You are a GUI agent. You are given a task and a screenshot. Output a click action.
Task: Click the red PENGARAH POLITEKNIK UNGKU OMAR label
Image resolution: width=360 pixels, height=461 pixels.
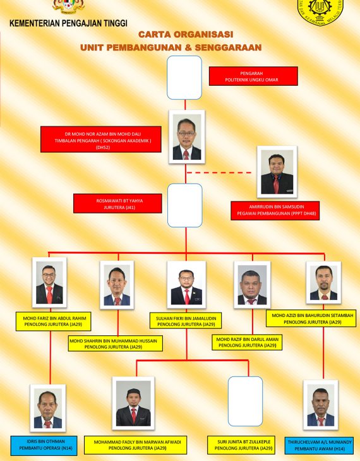pyautogui.click(x=253, y=76)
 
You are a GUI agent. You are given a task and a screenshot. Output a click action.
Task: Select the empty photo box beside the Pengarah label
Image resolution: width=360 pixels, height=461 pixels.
pyautogui.click(x=184, y=78)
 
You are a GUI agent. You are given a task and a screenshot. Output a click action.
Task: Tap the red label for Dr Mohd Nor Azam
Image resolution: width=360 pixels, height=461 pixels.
pyautogui.click(x=101, y=140)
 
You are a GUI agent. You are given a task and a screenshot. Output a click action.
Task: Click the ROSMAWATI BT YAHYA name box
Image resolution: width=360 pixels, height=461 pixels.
pyautogui.click(x=117, y=203)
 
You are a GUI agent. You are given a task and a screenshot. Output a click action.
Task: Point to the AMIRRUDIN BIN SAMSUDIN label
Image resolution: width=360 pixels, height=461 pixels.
pyautogui.click(x=275, y=210)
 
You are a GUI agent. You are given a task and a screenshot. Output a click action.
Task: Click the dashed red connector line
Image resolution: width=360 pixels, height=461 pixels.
pyautogui.click(x=219, y=172)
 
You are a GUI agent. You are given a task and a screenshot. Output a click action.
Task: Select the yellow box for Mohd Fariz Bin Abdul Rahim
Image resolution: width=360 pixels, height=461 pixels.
pyautogui.click(x=53, y=321)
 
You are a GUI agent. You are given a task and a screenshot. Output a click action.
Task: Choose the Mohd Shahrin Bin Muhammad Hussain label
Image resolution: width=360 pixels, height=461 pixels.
pyautogui.click(x=116, y=344)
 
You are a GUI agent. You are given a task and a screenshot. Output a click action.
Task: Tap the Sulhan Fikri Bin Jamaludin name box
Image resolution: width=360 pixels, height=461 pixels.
pyautogui.click(x=186, y=320)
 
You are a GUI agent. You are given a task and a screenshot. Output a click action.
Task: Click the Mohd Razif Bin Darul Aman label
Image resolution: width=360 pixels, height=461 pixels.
pyautogui.click(x=247, y=342)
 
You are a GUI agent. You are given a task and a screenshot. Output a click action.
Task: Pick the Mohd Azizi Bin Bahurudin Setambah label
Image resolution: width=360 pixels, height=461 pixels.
pyautogui.click(x=311, y=318)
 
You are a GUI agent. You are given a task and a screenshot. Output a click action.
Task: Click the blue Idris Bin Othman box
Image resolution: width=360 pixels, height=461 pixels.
pyautogui.click(x=44, y=446)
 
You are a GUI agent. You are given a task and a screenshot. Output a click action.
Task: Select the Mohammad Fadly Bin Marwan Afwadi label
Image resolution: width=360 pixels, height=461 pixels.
pyautogui.click(x=136, y=445)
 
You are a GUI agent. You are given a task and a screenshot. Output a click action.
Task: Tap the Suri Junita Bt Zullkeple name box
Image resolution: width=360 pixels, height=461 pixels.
pyautogui.click(x=241, y=445)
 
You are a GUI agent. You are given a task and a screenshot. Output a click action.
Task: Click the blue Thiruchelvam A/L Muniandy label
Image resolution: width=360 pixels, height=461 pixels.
pyautogui.click(x=319, y=446)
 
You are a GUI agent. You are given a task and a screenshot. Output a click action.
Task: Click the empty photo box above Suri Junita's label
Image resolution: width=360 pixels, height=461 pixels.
pyautogui.click(x=245, y=401)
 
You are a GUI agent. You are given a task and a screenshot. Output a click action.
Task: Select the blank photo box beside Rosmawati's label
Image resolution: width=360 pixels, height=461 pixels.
pyautogui.click(x=185, y=205)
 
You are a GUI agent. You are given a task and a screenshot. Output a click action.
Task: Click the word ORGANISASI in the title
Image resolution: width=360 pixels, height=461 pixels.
pyautogui.click(x=203, y=34)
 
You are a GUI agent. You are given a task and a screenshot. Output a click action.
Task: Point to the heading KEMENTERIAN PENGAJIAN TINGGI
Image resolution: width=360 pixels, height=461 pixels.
pyautogui.click(x=69, y=23)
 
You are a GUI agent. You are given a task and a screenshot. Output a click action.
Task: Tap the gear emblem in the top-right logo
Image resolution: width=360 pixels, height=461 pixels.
pyautogui.click(x=320, y=7)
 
